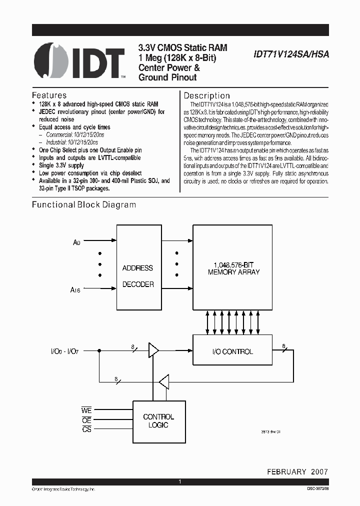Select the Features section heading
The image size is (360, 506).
(49, 95)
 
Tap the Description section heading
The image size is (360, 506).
(207, 95)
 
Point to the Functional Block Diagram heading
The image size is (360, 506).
(84, 204)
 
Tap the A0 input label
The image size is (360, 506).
(76, 242)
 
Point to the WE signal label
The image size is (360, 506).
(86, 410)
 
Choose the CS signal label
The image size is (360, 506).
(86, 429)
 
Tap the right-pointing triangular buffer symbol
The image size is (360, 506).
(153, 350)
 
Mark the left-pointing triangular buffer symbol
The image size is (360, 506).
(163, 383)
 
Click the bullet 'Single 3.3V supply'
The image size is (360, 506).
(61, 165)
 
